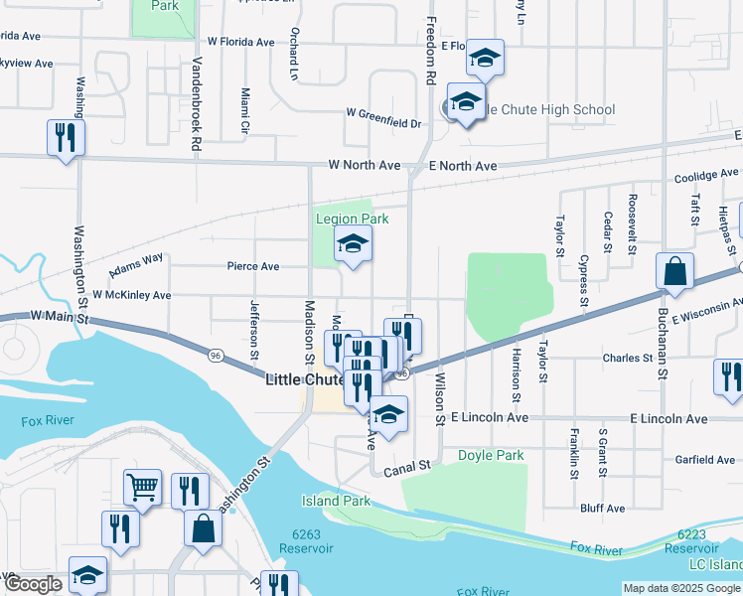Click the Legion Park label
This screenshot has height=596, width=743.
coord(352,219)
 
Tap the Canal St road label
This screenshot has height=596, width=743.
coord(409,465)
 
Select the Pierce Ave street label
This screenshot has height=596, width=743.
coord(253,266)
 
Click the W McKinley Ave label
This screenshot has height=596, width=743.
coord(131,295)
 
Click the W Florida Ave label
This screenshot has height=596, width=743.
coord(240,42)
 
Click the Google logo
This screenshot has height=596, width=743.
coord(33,584)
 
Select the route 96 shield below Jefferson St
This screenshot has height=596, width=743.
coord(215,355)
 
